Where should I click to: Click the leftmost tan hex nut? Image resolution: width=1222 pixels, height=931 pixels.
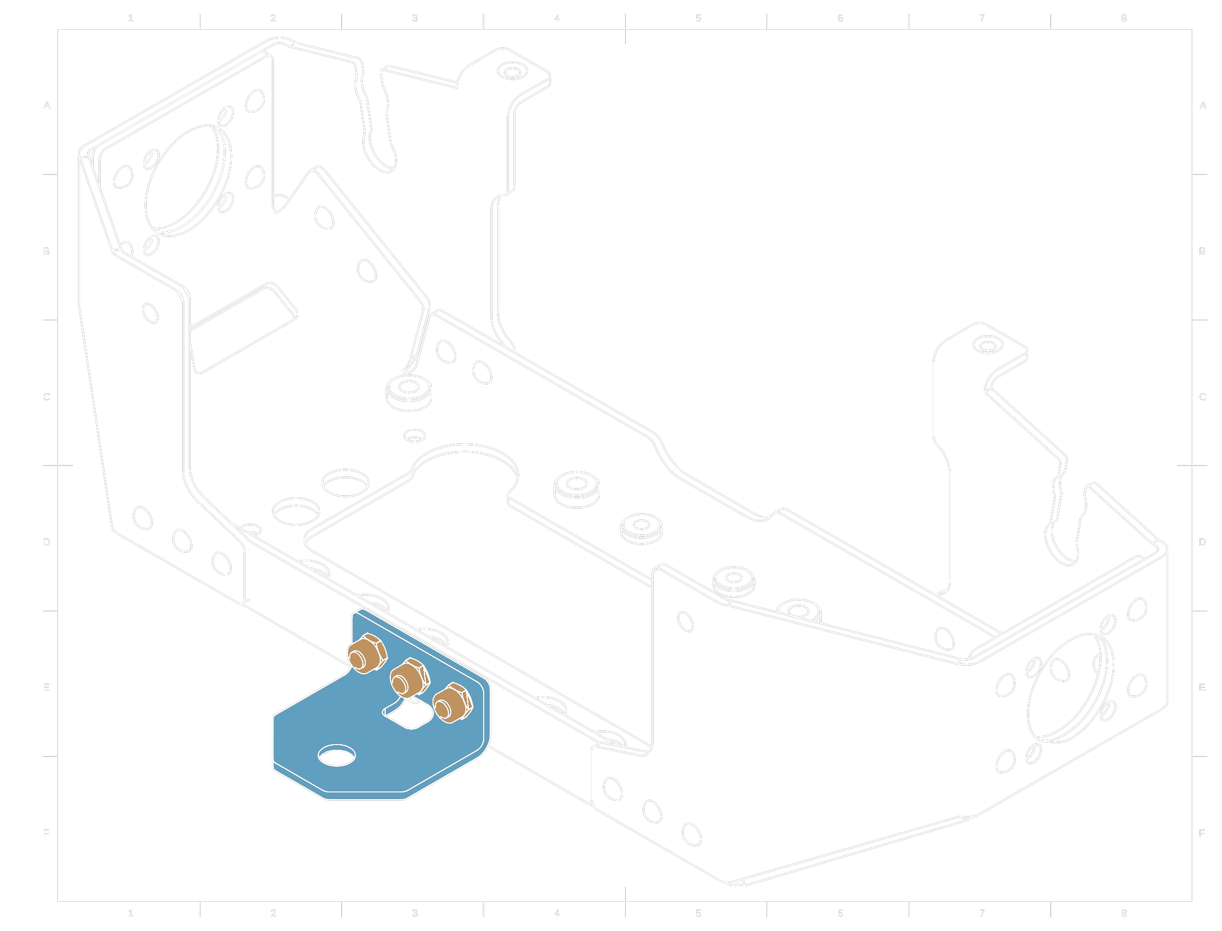click(x=366, y=654)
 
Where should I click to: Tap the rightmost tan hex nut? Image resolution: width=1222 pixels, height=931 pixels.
click(x=452, y=703)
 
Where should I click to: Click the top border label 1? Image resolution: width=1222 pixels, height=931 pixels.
click(x=131, y=18)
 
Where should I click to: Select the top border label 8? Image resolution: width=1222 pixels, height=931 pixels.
click(x=1124, y=18)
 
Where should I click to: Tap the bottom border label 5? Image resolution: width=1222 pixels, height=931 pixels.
click(x=699, y=913)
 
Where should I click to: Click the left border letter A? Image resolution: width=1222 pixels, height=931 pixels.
click(x=47, y=105)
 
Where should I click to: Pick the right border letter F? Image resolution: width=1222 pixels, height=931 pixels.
click(x=1202, y=833)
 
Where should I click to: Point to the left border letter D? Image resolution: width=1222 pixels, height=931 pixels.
click(x=47, y=542)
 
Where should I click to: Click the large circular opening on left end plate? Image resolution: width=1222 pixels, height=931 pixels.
click(x=185, y=179)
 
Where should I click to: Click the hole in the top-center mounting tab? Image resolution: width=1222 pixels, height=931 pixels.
click(x=513, y=72)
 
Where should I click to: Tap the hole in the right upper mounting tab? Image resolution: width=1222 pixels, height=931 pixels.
click(x=988, y=346)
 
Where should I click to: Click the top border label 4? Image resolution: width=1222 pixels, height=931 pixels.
click(x=557, y=18)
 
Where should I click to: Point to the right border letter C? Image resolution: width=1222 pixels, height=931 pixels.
click(x=1203, y=397)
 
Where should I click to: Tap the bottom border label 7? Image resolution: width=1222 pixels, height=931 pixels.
click(x=982, y=913)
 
